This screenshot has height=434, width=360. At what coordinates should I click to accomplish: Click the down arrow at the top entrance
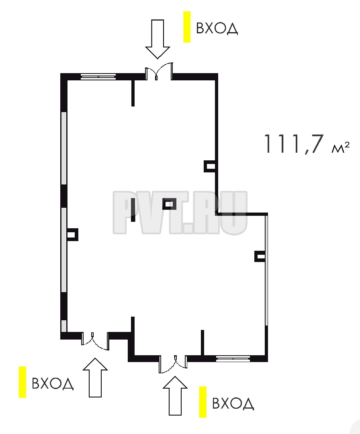tap(157, 39)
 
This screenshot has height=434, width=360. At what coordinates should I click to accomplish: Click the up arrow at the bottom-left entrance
tap(95, 377)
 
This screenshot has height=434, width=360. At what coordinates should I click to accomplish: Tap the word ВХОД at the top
tap(217, 28)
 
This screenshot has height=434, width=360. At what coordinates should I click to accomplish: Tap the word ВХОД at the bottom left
tap(53, 383)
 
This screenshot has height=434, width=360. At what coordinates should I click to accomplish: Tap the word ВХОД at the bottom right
tap(233, 403)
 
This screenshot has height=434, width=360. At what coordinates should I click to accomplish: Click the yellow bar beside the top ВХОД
tap(187, 27)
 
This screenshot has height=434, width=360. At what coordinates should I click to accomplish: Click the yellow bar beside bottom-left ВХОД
tap(22, 382)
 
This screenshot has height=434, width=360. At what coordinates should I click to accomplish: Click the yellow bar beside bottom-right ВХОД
tap(203, 402)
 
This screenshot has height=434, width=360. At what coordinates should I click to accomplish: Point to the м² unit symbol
tap(340, 147)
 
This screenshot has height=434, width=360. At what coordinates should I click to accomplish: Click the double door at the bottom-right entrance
tap(173, 364)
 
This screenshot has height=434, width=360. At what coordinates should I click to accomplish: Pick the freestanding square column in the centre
tap(169, 204)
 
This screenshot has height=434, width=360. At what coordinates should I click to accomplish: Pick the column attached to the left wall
tap(72, 234)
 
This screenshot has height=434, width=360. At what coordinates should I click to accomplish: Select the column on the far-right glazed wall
tap(260, 256)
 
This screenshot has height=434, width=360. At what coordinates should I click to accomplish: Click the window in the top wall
tap(98, 77)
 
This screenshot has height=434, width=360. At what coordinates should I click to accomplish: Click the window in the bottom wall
tap(233, 359)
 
